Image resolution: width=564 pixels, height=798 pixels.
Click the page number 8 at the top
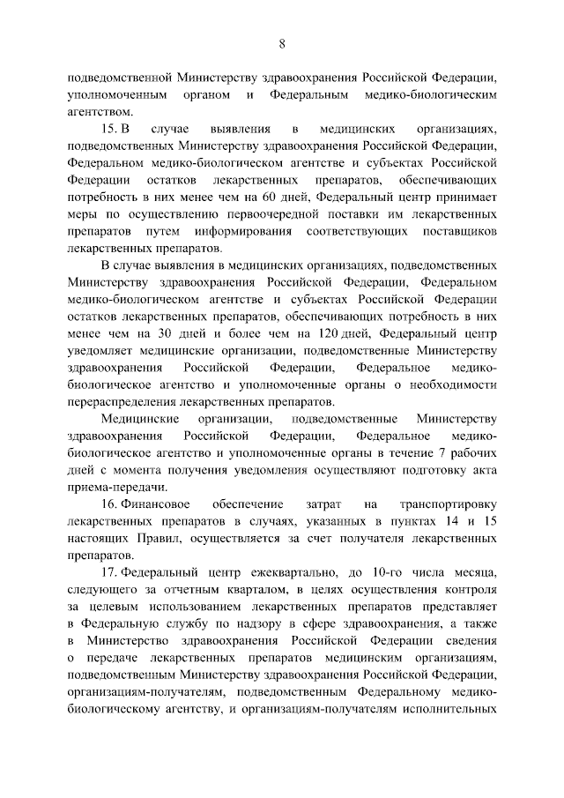[282, 43]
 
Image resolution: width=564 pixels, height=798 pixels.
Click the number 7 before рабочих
[428, 453]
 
